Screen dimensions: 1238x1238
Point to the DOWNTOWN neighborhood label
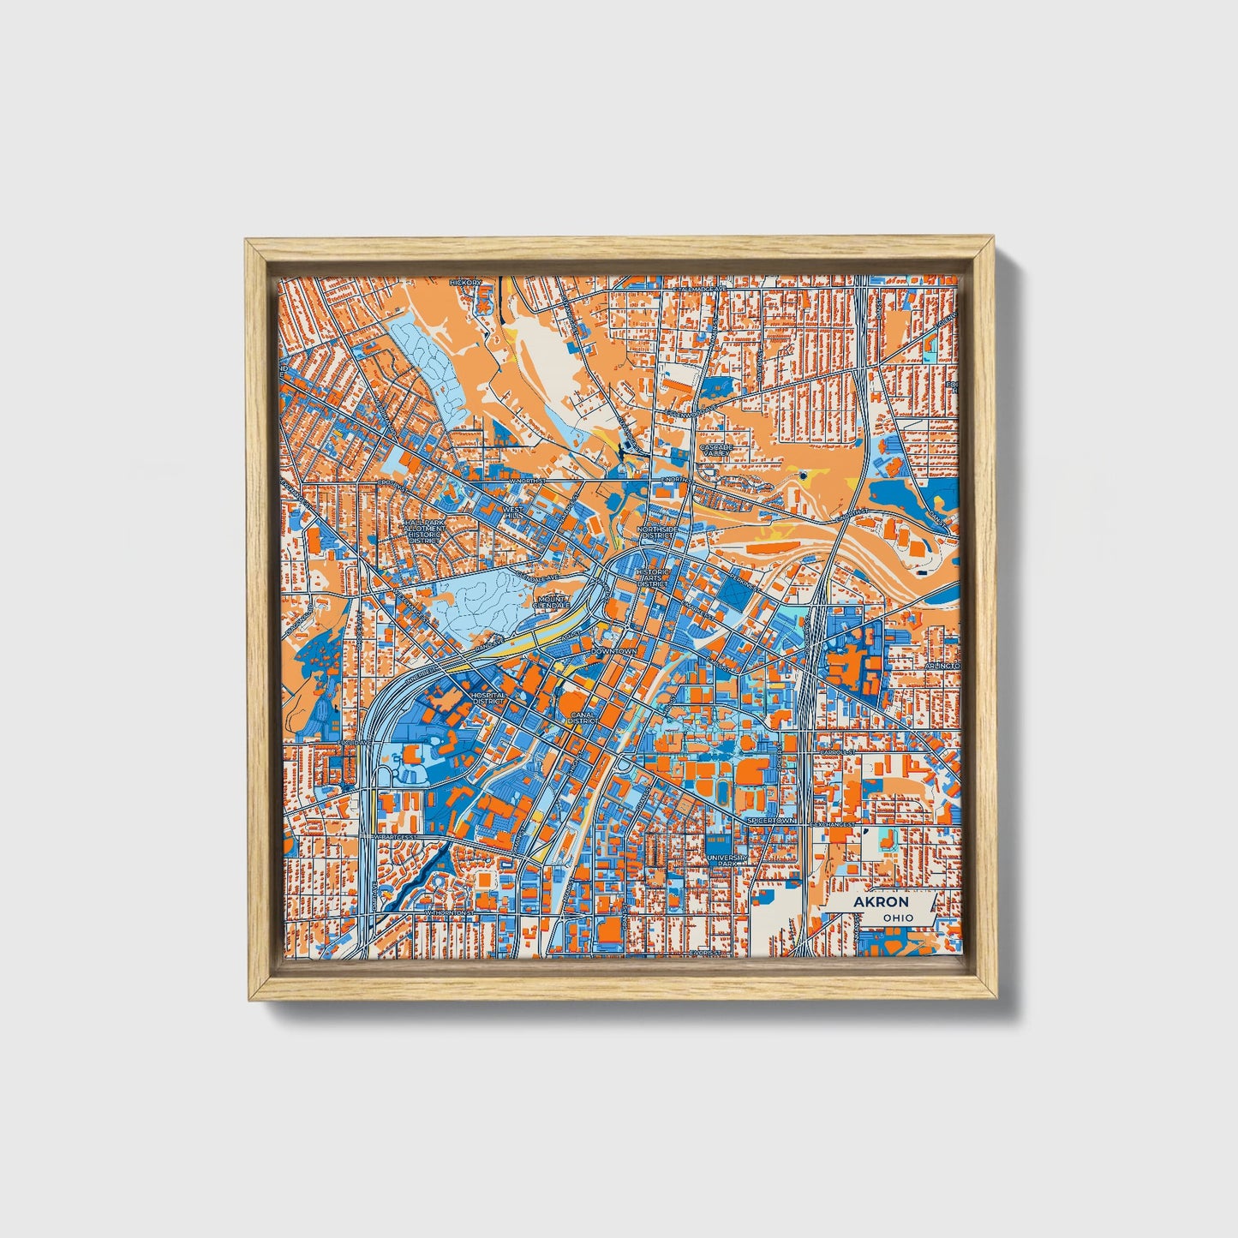point(614,652)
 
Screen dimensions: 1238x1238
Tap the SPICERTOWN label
point(771,821)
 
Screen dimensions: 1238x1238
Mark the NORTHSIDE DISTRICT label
point(657,534)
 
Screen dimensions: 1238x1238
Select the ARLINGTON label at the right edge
point(942,666)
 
